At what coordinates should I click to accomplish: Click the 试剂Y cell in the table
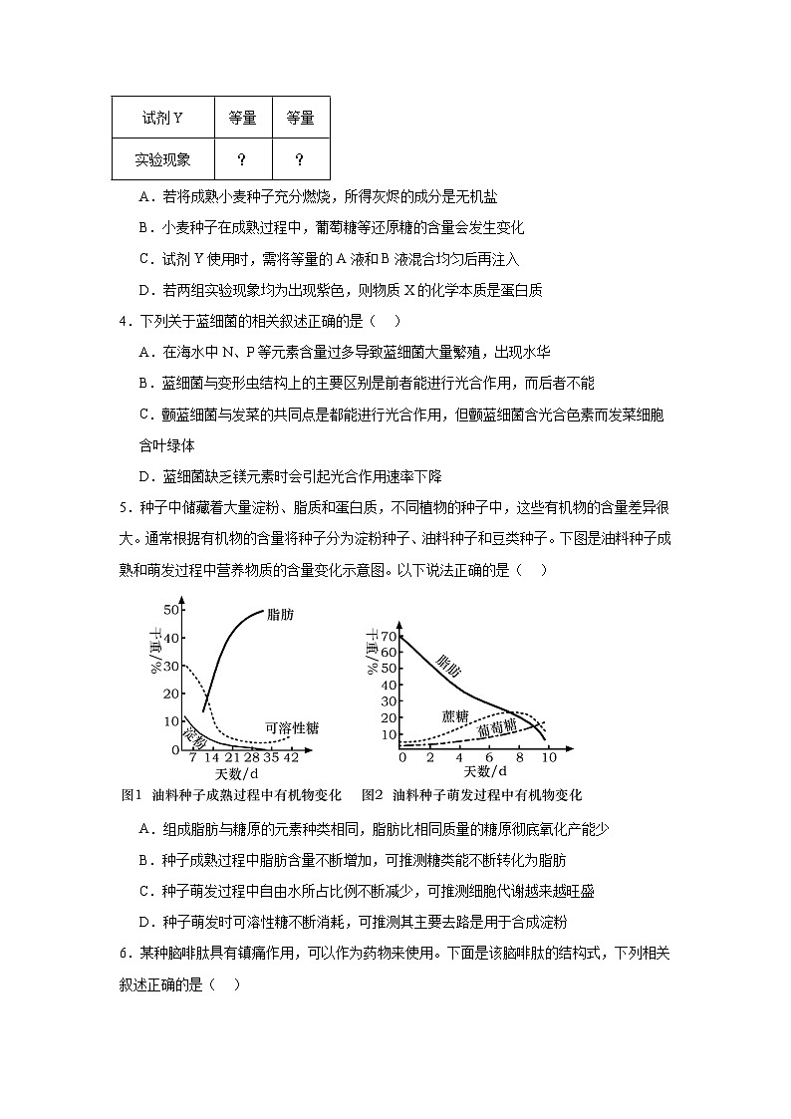point(162,119)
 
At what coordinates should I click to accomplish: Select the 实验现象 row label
point(162,159)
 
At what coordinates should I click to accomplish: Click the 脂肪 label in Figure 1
point(281,616)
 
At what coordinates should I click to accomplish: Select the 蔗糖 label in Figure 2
point(455,715)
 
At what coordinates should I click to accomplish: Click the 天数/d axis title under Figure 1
point(237,772)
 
